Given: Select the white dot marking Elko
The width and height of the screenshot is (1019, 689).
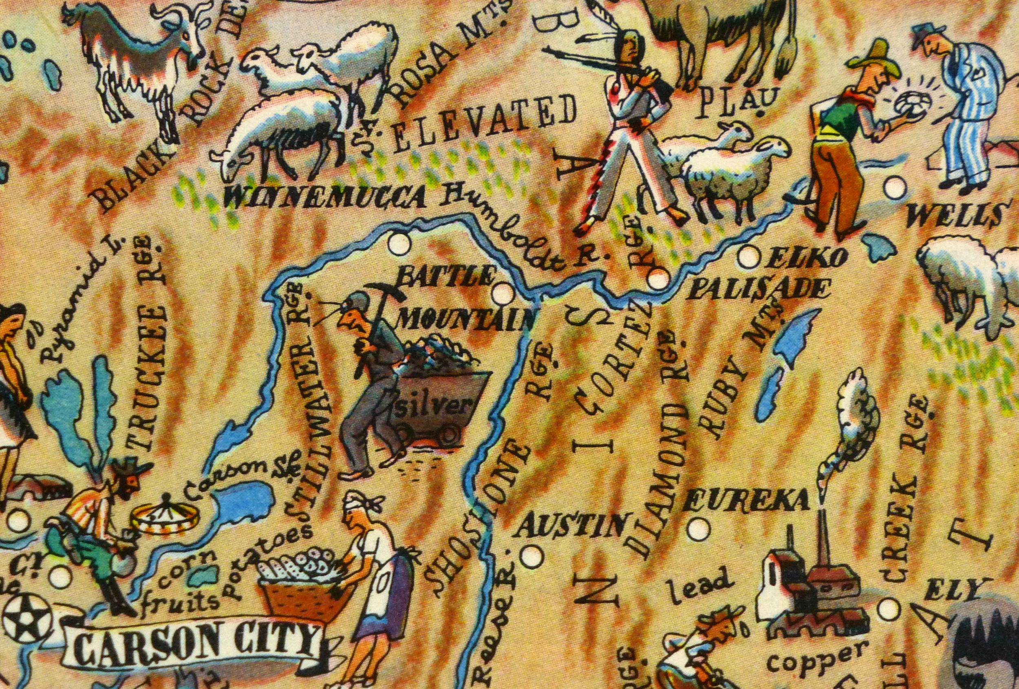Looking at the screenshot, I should [x=748, y=257].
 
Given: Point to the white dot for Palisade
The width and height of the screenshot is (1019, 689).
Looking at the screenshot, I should [x=658, y=279].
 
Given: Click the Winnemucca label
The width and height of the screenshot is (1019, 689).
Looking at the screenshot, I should [x=325, y=197].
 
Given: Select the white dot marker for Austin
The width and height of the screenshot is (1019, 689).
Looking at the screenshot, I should [x=532, y=556].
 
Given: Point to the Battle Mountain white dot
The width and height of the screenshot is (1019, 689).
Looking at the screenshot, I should [x=503, y=294].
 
